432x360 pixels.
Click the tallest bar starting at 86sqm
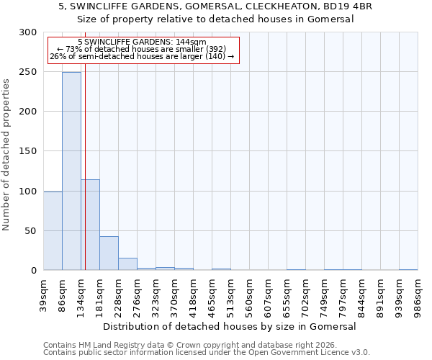71,171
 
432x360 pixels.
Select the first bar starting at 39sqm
53,230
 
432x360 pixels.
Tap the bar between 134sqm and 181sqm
90,225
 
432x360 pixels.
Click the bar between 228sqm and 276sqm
127,264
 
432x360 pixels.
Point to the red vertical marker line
85,144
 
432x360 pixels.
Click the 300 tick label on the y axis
28,32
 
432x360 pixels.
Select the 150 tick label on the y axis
28,151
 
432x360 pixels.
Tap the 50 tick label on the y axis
31,231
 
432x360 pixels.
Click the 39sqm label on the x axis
44,294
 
